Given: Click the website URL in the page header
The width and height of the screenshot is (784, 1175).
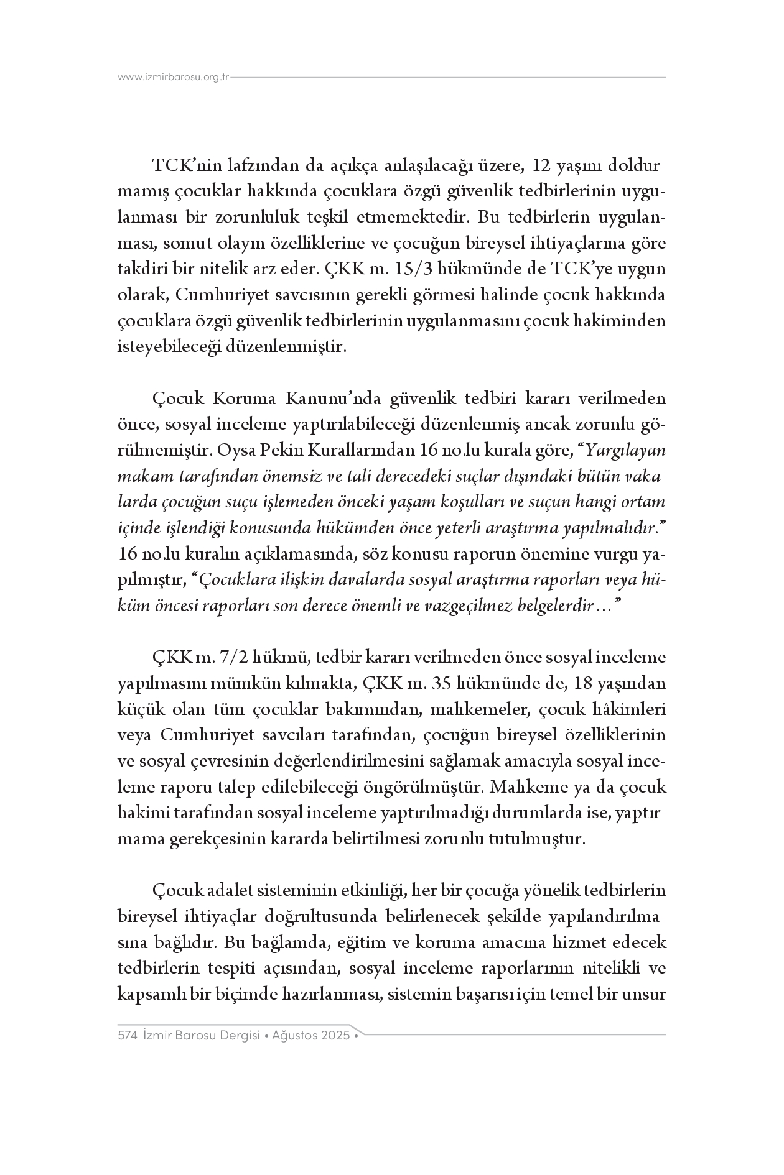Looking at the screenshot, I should (174, 78).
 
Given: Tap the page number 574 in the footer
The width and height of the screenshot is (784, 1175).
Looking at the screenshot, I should (127, 1036).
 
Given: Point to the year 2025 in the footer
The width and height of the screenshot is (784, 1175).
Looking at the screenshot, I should (336, 1036).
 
